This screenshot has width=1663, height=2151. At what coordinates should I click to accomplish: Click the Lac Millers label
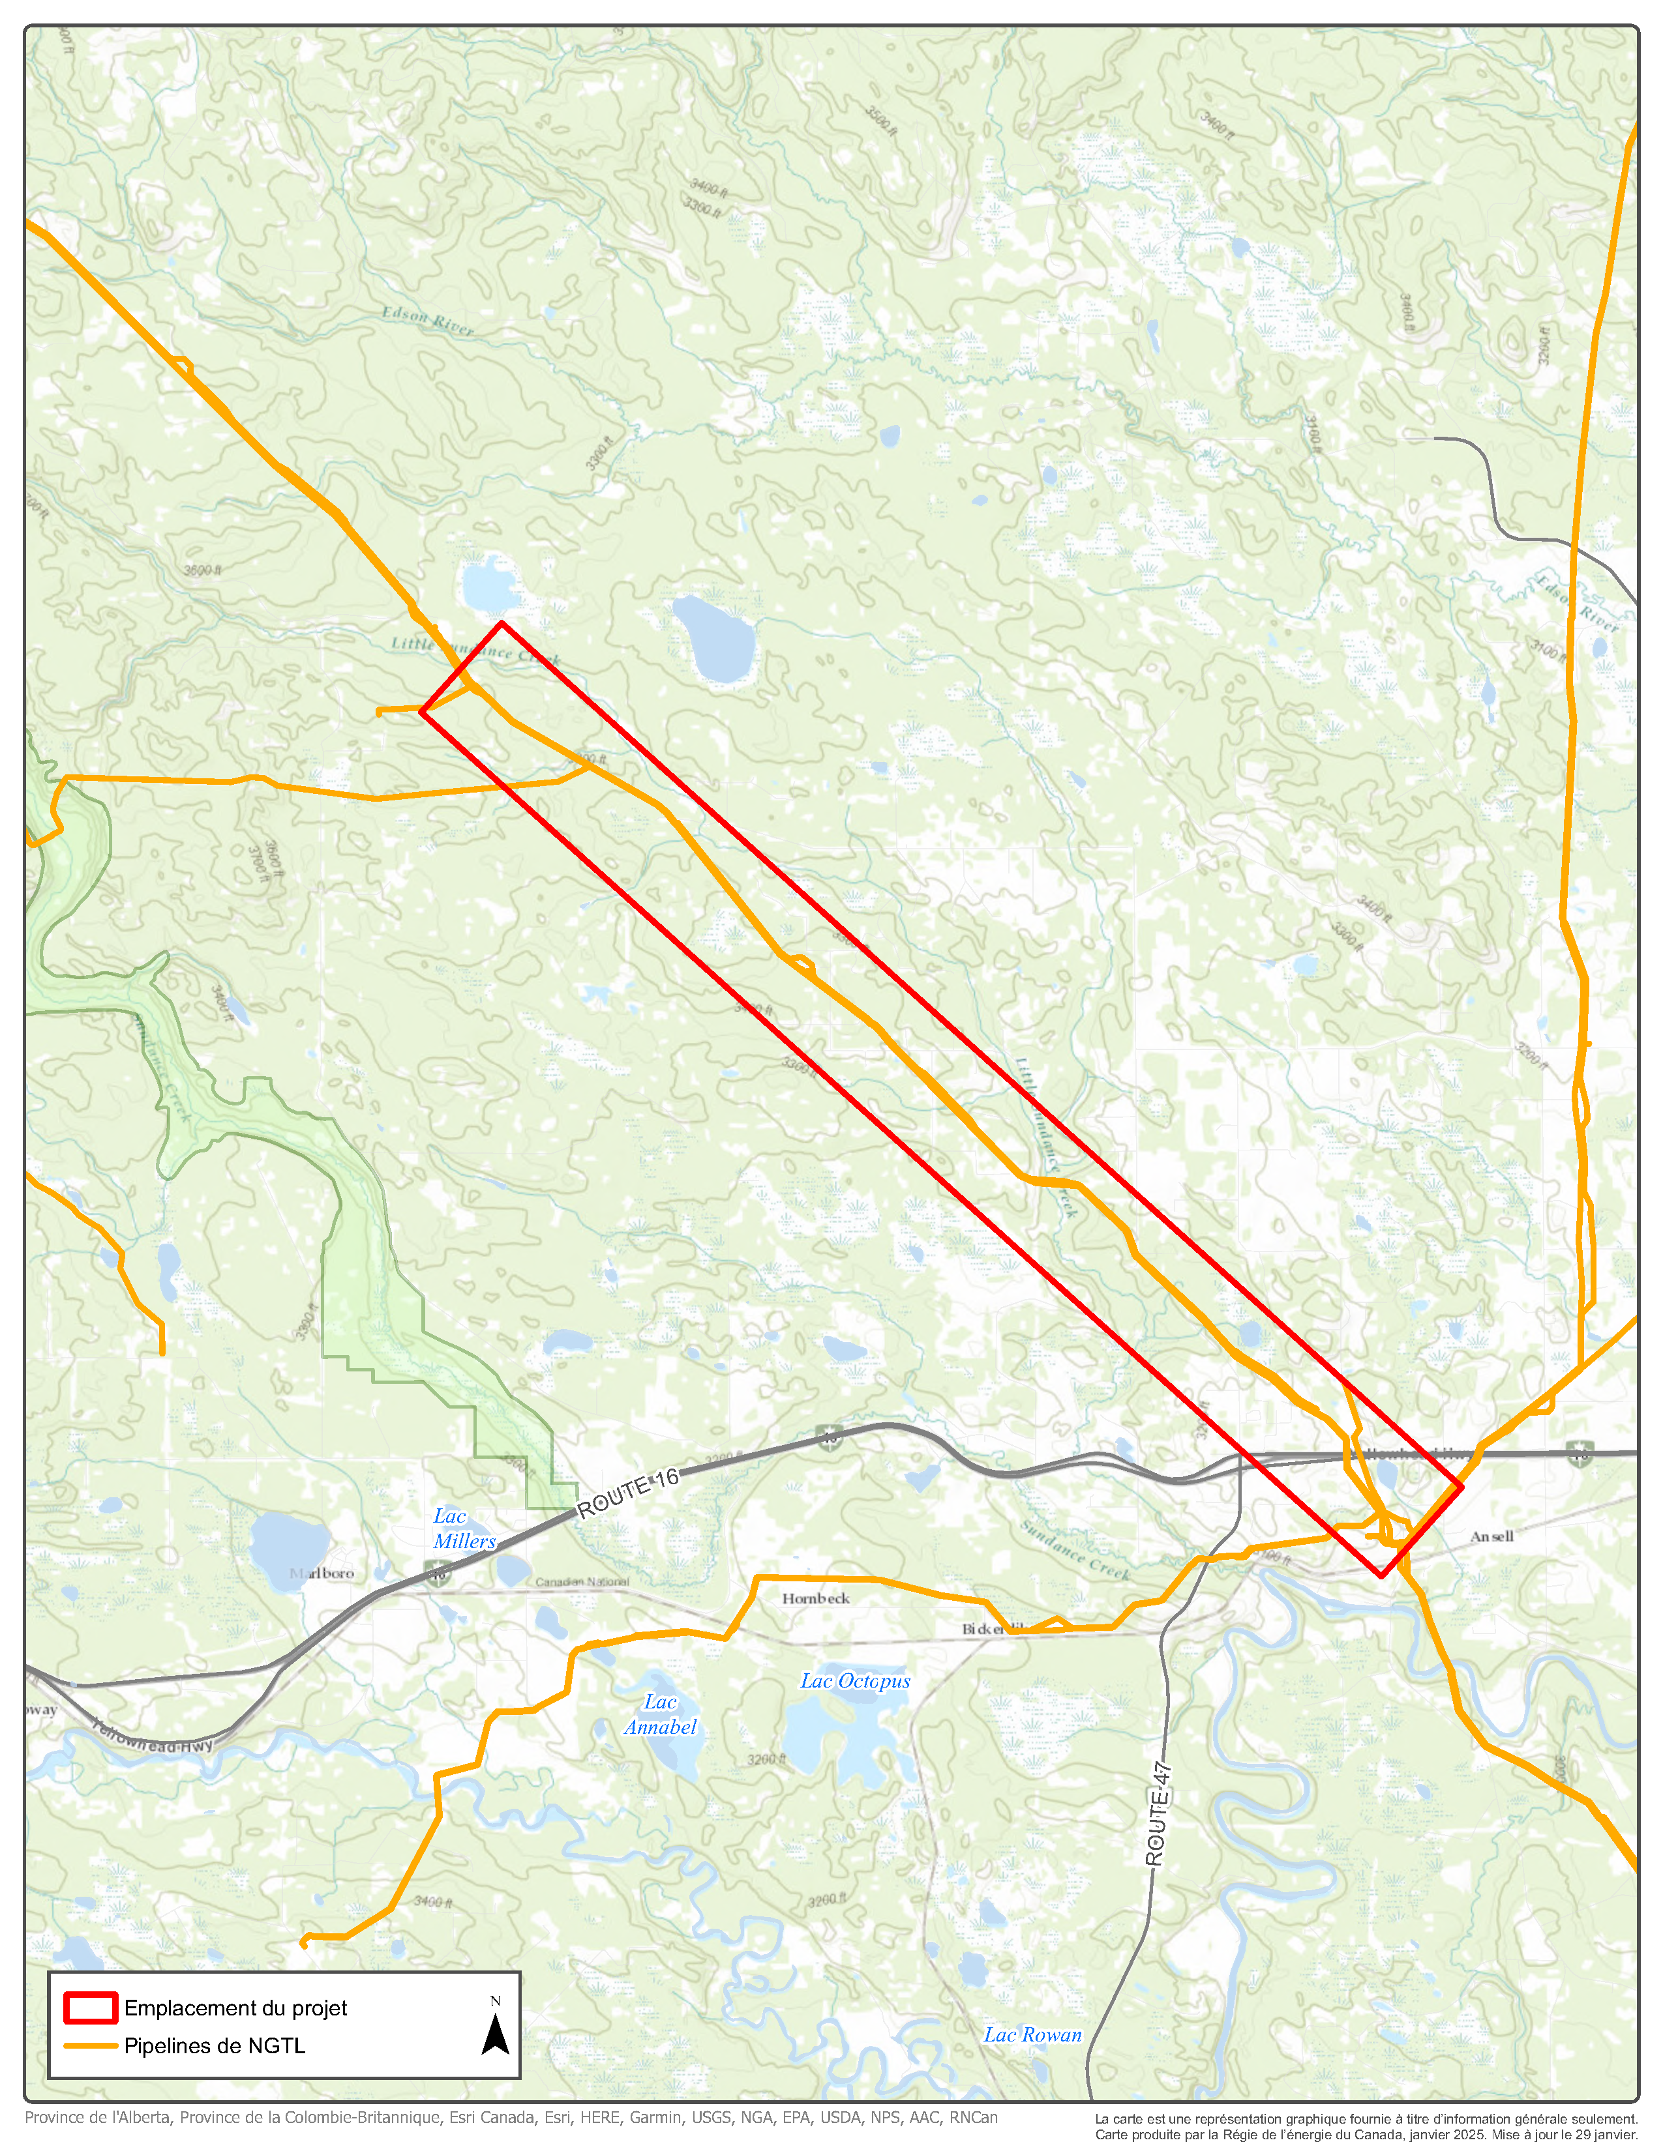pyautogui.click(x=464, y=1529)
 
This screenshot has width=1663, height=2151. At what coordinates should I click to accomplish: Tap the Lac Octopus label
pyautogui.click(x=854, y=1681)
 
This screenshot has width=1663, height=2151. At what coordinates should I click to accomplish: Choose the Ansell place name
pyautogui.click(x=1491, y=1536)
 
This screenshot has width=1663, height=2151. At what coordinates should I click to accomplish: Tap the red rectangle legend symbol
pyautogui.click(x=91, y=2007)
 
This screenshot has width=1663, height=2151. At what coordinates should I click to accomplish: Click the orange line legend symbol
pyautogui.click(x=91, y=2045)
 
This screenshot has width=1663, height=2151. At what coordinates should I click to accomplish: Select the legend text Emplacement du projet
pyautogui.click(x=235, y=2007)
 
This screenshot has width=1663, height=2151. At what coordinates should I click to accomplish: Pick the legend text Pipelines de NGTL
pyautogui.click(x=215, y=2045)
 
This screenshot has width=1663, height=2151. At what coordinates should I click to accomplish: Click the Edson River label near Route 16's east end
pyautogui.click(x=1576, y=604)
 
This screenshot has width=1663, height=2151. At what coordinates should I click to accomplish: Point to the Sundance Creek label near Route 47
pyautogui.click(x=1074, y=1550)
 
